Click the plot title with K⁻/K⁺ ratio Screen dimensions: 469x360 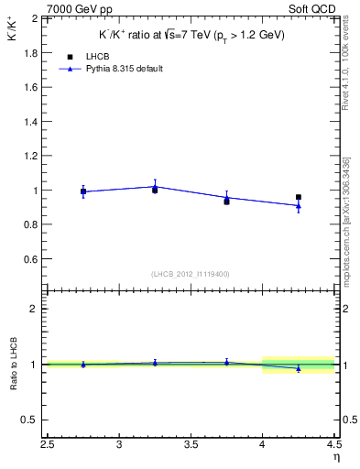click(191, 35)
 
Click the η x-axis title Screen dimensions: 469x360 click(336, 458)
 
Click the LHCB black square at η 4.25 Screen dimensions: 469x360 click(299, 197)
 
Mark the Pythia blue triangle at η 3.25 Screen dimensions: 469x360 click(155, 187)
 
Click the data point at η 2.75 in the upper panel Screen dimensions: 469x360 click(83, 191)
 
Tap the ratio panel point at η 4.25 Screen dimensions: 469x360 click(299, 368)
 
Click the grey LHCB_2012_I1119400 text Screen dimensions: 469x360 click(191, 274)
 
